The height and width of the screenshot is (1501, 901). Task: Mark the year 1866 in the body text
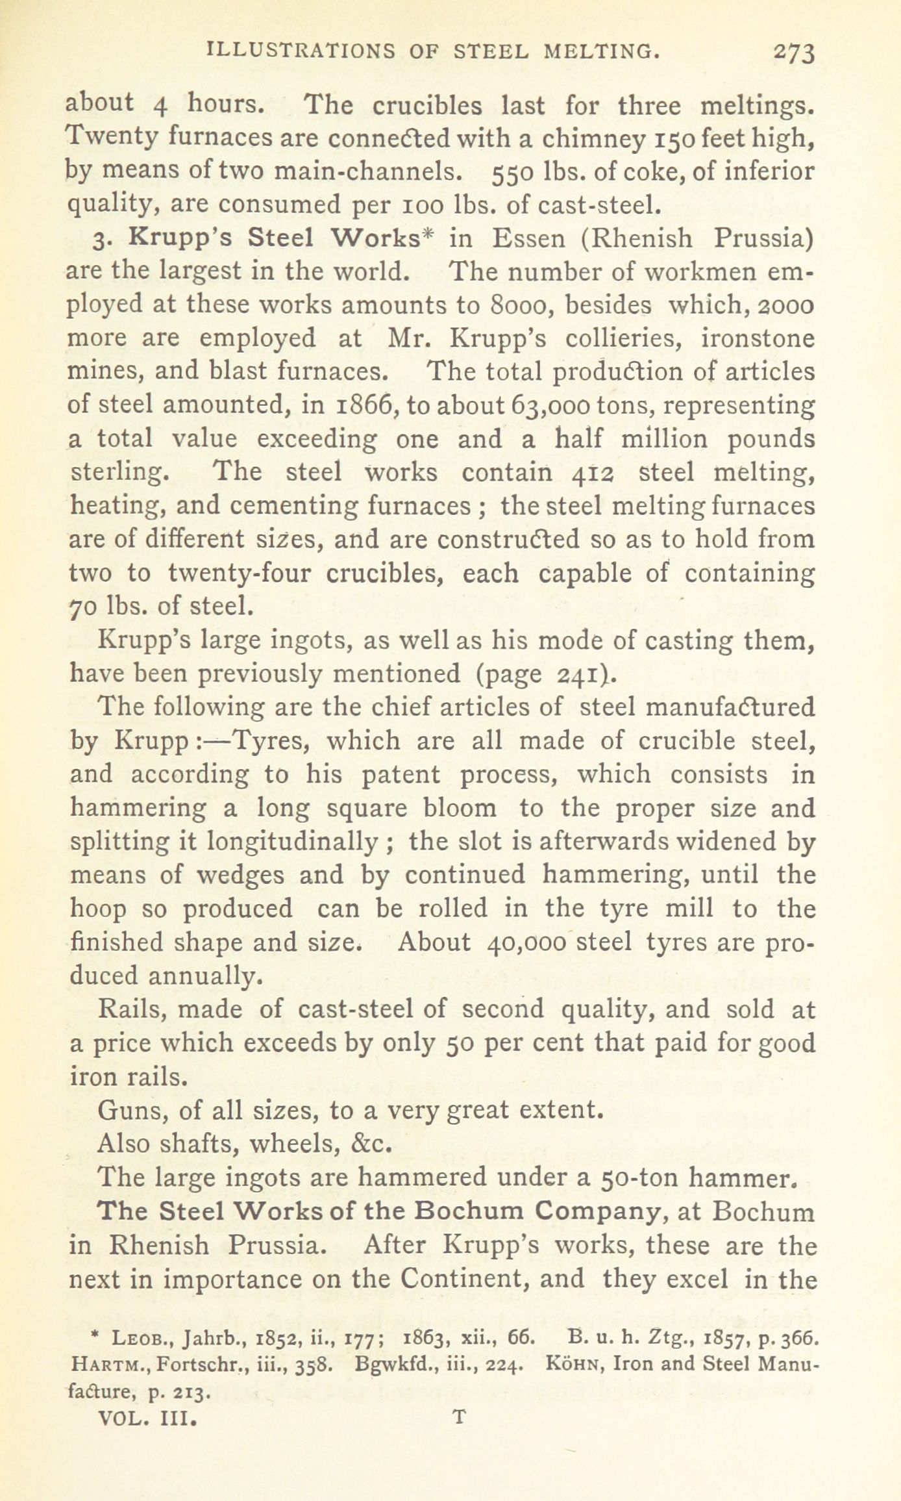(x=363, y=405)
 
